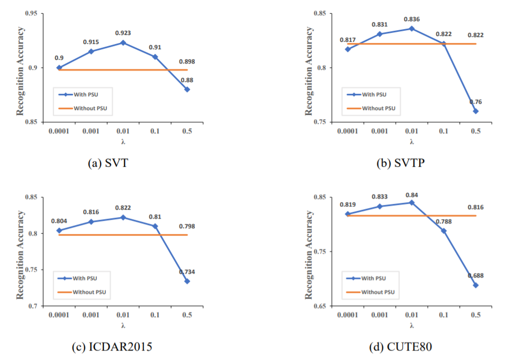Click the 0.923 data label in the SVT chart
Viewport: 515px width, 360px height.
tap(123, 33)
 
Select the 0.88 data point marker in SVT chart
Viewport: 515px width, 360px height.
tap(187, 89)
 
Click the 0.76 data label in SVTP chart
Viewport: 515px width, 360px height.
tap(475, 102)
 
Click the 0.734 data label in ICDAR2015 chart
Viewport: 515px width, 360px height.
tap(187, 272)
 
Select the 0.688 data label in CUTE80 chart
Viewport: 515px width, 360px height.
tap(475, 276)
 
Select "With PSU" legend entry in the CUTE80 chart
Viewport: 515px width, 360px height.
tap(374, 278)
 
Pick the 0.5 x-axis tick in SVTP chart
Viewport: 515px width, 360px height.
tap(475, 131)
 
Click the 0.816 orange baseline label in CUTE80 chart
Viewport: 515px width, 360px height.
tap(475, 208)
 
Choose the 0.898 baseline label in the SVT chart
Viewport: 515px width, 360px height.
tap(187, 61)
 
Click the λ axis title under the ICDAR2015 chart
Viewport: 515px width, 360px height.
tap(123, 326)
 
